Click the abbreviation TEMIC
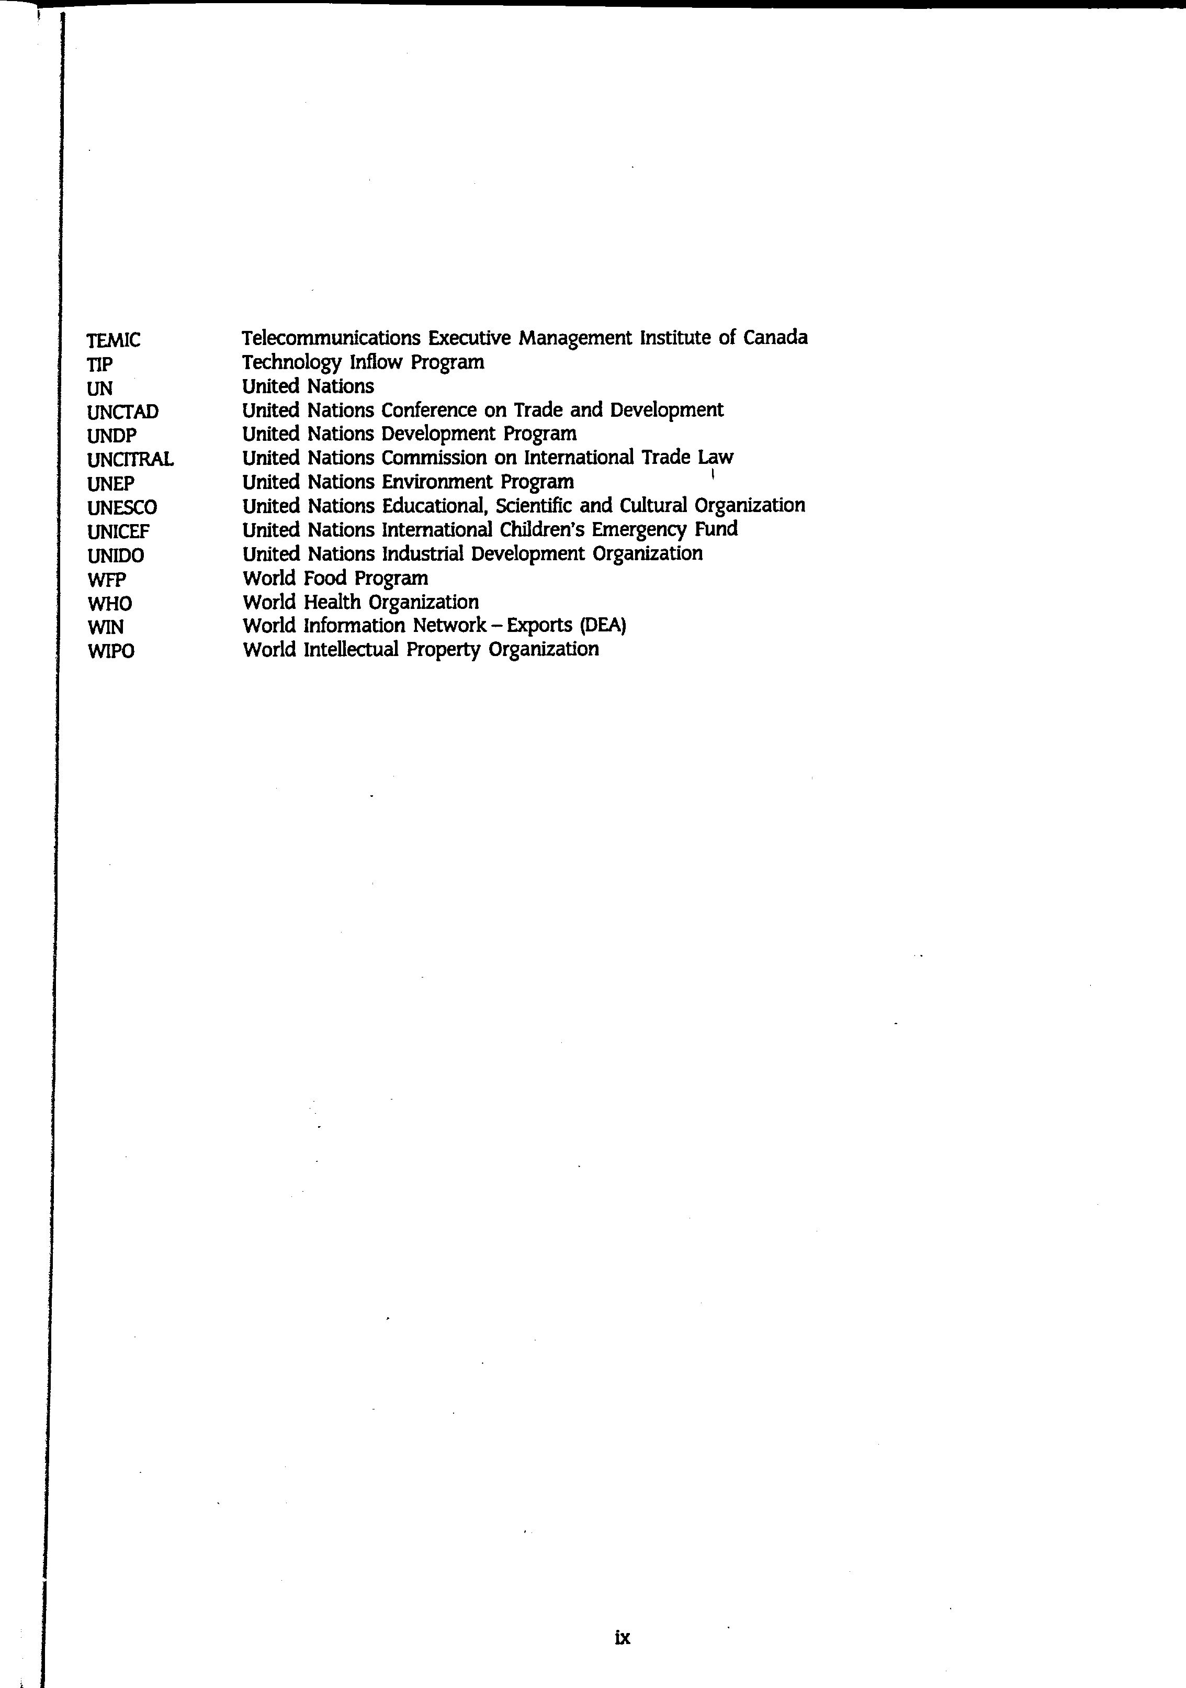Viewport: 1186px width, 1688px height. click(113, 340)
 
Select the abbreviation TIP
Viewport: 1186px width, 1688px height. click(100, 364)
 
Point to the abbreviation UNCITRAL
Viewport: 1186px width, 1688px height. click(130, 460)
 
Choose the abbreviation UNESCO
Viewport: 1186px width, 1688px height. click(122, 508)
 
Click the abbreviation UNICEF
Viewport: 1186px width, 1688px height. click(118, 531)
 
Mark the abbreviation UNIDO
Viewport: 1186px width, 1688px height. click(116, 556)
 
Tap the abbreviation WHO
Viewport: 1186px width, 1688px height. click(109, 604)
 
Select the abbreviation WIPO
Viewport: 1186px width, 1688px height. click(111, 651)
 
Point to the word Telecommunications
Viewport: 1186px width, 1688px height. click(331, 338)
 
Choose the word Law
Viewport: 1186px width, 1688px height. click(716, 457)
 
